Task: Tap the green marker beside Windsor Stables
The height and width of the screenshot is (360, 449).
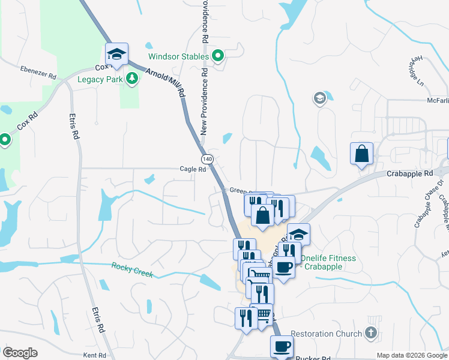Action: tap(218, 57)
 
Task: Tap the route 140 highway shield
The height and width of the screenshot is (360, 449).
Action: tap(207, 159)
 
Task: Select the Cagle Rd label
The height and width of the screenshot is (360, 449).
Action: tap(193, 169)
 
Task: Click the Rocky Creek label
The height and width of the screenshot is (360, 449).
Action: tap(132, 270)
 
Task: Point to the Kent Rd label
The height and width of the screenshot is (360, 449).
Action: tap(94, 355)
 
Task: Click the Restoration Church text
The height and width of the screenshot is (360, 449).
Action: tap(326, 334)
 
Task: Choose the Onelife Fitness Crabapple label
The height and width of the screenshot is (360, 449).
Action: tap(328, 262)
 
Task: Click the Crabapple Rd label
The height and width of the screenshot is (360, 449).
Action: tap(411, 173)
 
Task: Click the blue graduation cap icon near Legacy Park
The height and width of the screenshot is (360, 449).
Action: tap(116, 55)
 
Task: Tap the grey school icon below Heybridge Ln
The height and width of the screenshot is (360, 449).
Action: tap(320, 98)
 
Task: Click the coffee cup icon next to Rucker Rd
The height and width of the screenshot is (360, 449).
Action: tap(282, 347)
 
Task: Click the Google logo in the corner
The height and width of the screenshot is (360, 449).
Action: tap(20, 353)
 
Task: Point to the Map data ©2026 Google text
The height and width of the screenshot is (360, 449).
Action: tap(411, 355)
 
